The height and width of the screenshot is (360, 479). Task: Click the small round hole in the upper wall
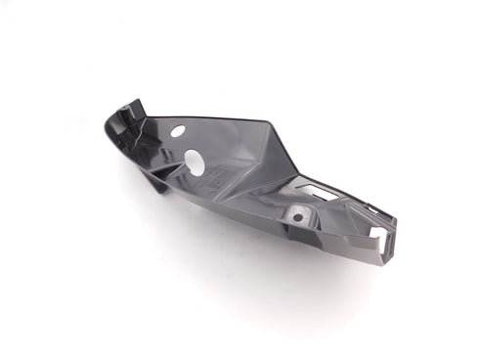click(177, 130)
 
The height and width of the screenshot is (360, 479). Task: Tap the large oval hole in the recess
click(196, 163)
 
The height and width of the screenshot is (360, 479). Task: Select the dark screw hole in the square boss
click(297, 213)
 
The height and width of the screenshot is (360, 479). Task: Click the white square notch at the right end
click(378, 234)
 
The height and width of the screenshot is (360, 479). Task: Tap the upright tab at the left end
click(134, 110)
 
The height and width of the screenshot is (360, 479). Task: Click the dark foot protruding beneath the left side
click(156, 183)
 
